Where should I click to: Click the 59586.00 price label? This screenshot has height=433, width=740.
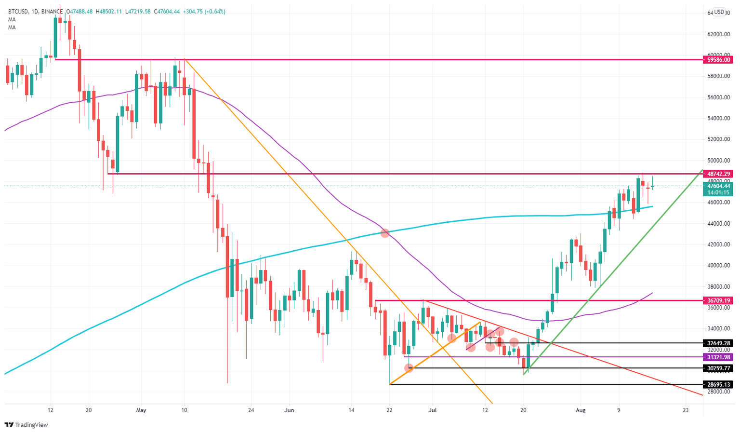click(x=717, y=60)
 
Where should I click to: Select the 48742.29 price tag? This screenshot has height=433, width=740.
click(x=717, y=174)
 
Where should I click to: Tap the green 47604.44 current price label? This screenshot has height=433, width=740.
click(x=717, y=186)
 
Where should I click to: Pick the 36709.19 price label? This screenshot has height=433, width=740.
click(x=717, y=300)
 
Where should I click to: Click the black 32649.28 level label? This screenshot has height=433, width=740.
click(x=717, y=343)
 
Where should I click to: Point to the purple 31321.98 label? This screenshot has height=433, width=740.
click(x=717, y=357)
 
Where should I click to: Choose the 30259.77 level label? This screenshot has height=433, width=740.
click(x=717, y=368)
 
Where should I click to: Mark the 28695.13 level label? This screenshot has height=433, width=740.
click(x=717, y=385)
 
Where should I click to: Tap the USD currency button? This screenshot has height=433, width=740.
click(x=719, y=12)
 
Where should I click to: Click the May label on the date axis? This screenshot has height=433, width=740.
click(x=141, y=410)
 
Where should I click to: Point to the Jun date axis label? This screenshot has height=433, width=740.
click(x=289, y=410)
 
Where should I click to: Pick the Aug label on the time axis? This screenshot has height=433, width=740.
click(x=581, y=410)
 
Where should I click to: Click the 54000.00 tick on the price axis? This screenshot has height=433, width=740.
click(x=718, y=119)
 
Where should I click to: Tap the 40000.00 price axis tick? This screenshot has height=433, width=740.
click(x=718, y=266)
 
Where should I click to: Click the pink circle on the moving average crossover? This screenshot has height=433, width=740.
click(x=384, y=233)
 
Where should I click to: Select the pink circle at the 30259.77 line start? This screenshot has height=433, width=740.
click(x=409, y=368)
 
